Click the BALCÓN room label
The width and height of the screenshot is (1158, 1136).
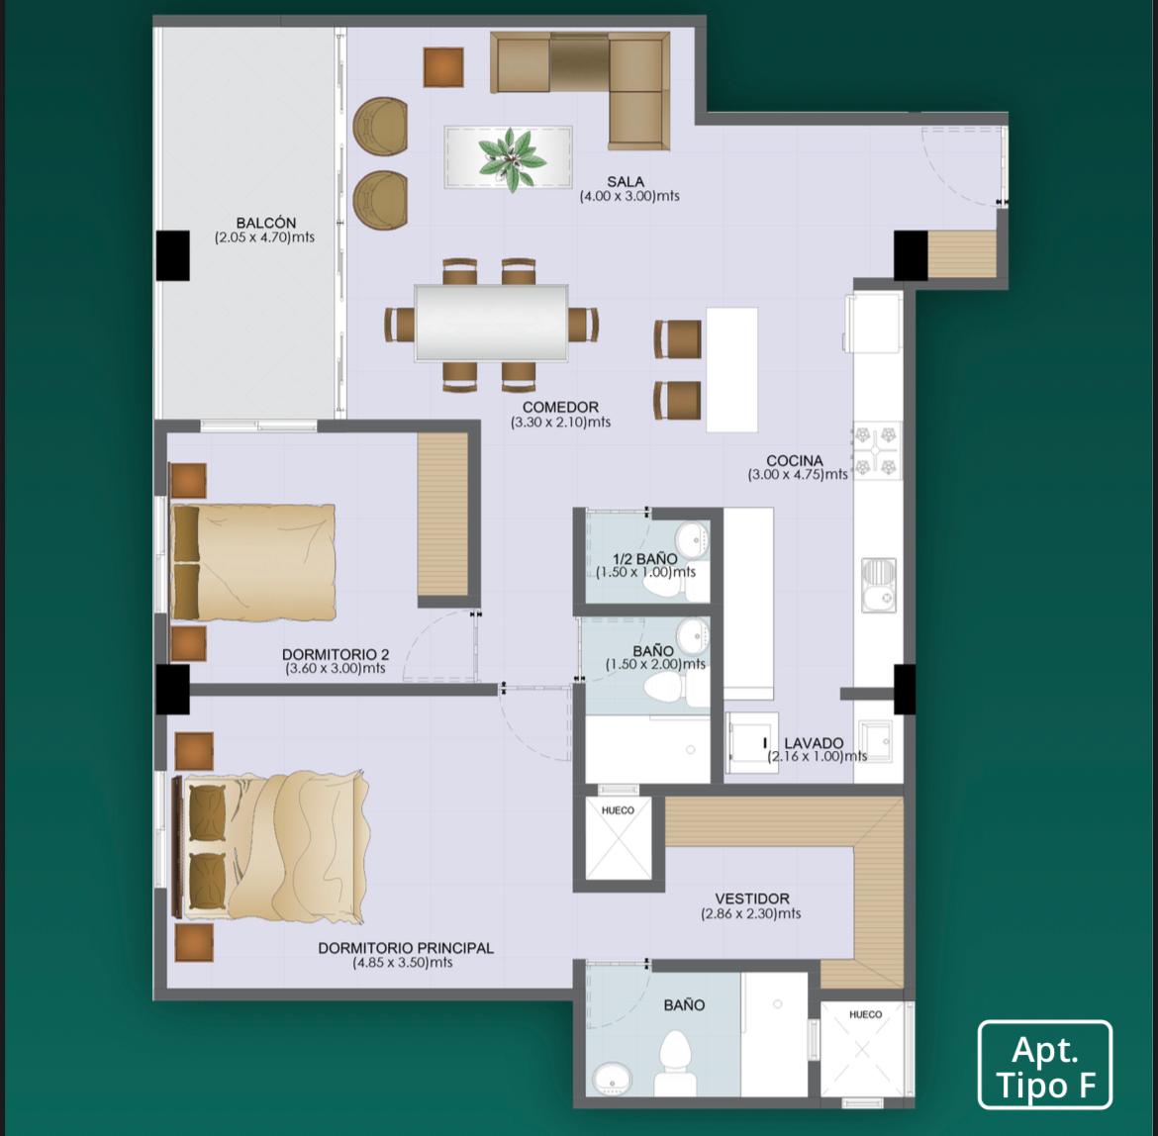pyautogui.click(x=266, y=223)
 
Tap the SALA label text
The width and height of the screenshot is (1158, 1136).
pyautogui.click(x=626, y=182)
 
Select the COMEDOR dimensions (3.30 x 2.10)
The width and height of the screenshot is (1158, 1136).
pyautogui.click(x=560, y=423)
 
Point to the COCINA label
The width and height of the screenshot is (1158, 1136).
pyautogui.click(x=795, y=460)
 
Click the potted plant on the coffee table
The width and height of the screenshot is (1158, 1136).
pyautogui.click(x=512, y=158)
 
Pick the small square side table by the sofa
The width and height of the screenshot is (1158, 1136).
pyautogui.click(x=443, y=67)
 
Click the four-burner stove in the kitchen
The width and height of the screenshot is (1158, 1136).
pyautogui.click(x=876, y=449)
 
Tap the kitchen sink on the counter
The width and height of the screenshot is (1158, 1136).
pyautogui.click(x=879, y=586)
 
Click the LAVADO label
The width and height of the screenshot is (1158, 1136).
pyautogui.click(x=814, y=743)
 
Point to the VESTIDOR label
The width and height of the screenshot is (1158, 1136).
pyautogui.click(x=752, y=899)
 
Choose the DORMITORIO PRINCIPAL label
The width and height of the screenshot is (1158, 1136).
pyautogui.click(x=406, y=948)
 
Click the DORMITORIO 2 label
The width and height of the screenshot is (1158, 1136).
pyautogui.click(x=336, y=655)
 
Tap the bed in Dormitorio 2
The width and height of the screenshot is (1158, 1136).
pyautogui.click(x=252, y=562)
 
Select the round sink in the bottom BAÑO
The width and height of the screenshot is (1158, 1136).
pyautogui.click(x=613, y=1079)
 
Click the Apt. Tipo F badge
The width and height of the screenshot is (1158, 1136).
pyautogui.click(x=1044, y=1065)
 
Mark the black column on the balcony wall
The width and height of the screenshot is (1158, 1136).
pyautogui.click(x=173, y=255)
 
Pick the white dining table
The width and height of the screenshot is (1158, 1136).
pyautogui.click(x=491, y=324)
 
